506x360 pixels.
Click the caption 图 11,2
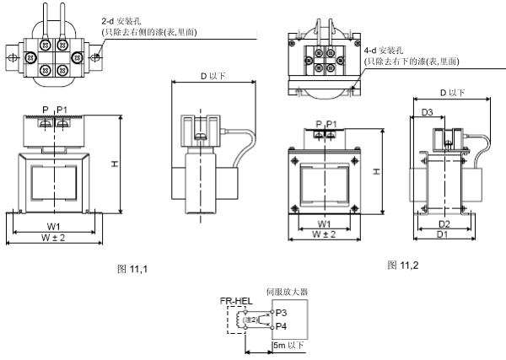403,266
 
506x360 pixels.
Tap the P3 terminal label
281,311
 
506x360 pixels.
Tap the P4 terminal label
281,325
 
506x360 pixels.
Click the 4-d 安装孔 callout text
387,51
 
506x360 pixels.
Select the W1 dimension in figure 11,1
53,226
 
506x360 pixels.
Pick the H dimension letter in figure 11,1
113,165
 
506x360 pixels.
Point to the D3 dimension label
428,112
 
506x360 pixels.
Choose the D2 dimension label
444,223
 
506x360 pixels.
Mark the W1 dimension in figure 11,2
323,223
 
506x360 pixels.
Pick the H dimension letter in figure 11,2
378,172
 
